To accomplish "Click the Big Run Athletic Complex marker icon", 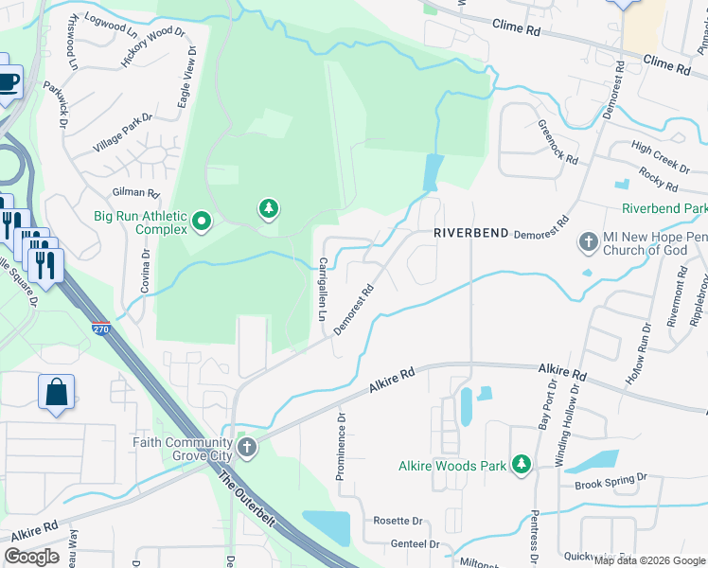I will click(201, 222).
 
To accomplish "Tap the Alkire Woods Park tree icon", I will click(520, 464).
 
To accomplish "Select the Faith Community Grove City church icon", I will click(247, 448).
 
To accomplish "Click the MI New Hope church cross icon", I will click(588, 243).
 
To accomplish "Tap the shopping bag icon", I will click(56, 393).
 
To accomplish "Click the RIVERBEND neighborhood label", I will click(471, 233).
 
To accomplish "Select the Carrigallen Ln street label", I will click(323, 288).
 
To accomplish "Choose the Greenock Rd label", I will click(558, 142).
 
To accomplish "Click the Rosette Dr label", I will click(397, 521).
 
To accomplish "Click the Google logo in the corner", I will click(32, 557).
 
